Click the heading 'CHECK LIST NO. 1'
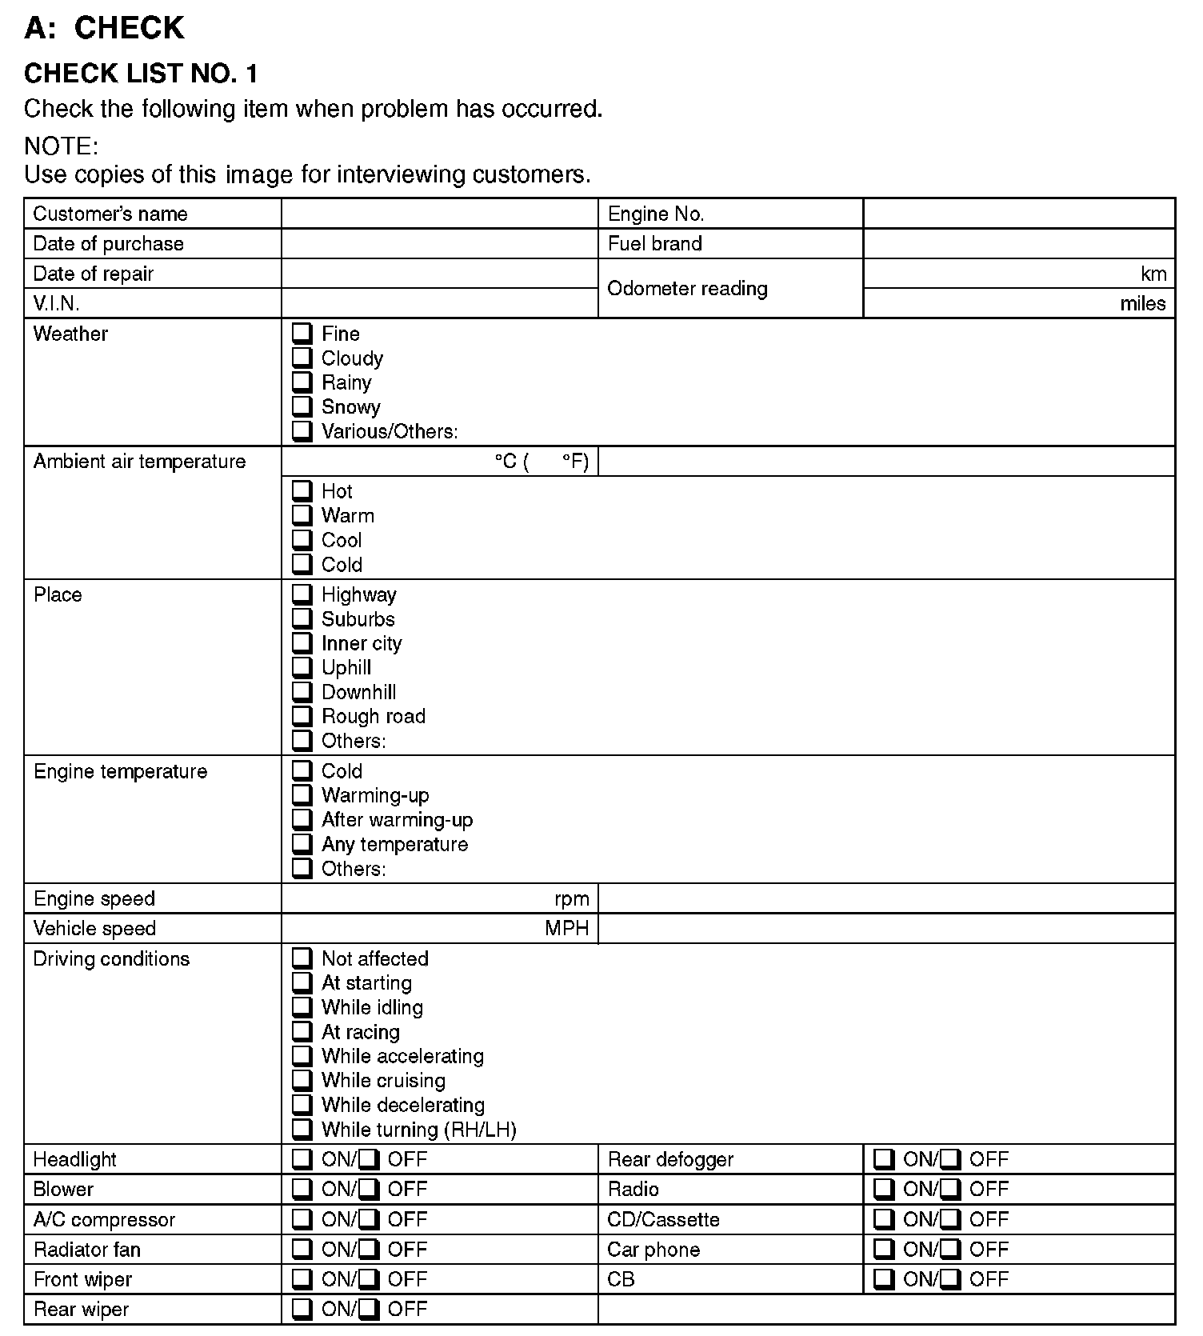tap(141, 74)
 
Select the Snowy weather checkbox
tap(302, 406)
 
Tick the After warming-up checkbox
tap(302, 819)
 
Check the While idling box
tap(302, 1006)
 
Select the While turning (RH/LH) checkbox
tap(302, 1129)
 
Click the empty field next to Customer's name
tap(439, 214)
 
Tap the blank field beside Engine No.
tap(1018, 214)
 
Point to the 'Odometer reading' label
tap(687, 289)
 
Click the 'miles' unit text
tap(1142, 304)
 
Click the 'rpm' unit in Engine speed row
tap(571, 899)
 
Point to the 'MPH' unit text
tap(566, 929)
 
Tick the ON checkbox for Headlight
tap(302, 1158)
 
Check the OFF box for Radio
tap(949, 1189)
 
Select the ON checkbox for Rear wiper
tap(302, 1309)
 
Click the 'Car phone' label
tap(653, 1250)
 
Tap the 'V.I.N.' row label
tap(56, 304)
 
